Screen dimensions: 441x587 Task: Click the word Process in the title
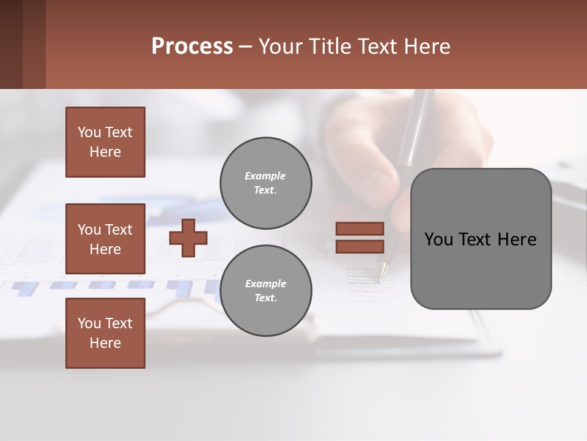point(192,47)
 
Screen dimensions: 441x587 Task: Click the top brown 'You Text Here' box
point(105,142)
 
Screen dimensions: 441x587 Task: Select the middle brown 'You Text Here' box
point(105,239)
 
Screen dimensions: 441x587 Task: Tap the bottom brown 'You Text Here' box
point(105,333)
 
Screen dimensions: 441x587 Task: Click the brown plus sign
point(188,238)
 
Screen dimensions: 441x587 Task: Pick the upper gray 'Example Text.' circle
point(265,183)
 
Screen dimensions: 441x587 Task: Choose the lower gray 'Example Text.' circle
point(265,291)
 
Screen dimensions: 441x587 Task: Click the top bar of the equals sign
point(360,229)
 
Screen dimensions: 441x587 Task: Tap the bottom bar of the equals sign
point(360,246)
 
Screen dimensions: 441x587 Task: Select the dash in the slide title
point(245,47)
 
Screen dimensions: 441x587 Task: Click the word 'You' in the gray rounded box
point(438,239)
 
